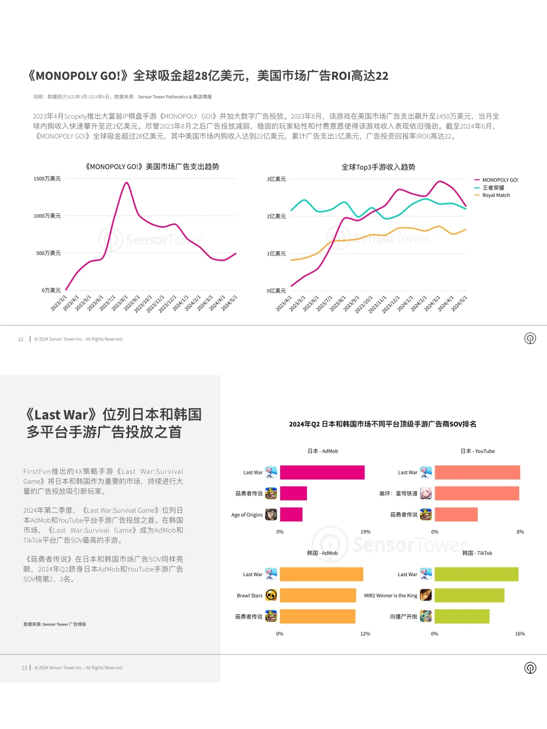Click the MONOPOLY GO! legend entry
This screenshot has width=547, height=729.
click(x=499, y=180)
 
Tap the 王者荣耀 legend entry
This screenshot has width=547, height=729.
click(x=492, y=188)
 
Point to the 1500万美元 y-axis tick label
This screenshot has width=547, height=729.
click(x=47, y=179)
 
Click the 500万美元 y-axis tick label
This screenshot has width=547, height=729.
click(x=48, y=253)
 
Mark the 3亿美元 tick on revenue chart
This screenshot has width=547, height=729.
click(x=276, y=179)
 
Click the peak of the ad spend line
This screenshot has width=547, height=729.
click(x=126, y=183)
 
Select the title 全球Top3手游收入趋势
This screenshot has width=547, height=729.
click(x=378, y=167)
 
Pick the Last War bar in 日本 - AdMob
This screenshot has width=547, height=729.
click(x=322, y=472)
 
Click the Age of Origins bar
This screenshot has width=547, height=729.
click(x=291, y=514)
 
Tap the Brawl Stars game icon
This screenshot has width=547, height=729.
click(x=271, y=595)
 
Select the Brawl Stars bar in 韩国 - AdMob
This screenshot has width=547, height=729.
click(x=318, y=595)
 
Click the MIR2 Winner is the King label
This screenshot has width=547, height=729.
click(x=390, y=596)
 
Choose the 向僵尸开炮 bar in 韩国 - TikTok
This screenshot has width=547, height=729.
click(x=462, y=617)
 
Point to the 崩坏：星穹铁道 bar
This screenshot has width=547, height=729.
click(x=477, y=494)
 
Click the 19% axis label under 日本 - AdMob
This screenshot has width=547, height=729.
click(x=365, y=532)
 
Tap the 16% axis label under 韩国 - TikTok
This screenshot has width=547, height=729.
click(x=520, y=634)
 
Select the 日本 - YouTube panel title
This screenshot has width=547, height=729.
click(x=477, y=451)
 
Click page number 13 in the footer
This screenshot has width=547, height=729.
click(x=24, y=668)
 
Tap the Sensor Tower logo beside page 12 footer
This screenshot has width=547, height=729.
click(x=530, y=339)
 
